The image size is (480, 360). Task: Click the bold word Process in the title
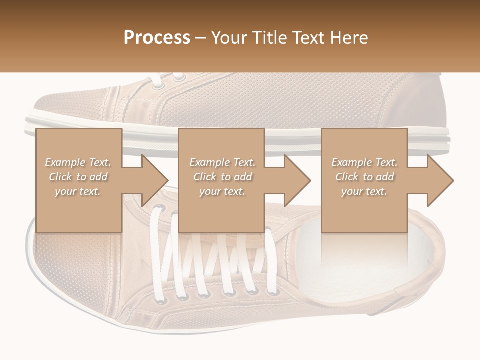pyautogui.click(x=157, y=38)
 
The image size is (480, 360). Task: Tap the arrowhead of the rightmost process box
pyautogui.click(x=440, y=180)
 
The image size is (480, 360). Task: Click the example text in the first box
pyautogui.click(x=78, y=177)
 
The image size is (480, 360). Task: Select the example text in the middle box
pyautogui.click(x=222, y=177)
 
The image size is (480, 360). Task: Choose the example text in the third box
pyautogui.click(x=364, y=177)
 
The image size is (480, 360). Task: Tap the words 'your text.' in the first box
pyautogui.click(x=78, y=191)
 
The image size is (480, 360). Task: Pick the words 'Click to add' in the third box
pyautogui.click(x=364, y=177)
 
